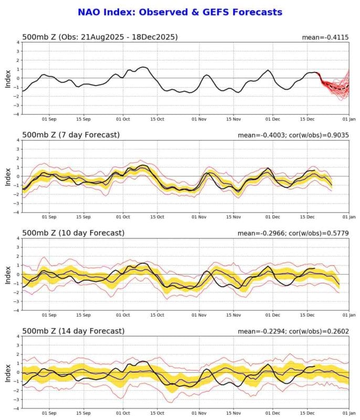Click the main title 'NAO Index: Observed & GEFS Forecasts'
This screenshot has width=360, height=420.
(x=180, y=12)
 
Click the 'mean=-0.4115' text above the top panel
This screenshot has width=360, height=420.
(x=325, y=37)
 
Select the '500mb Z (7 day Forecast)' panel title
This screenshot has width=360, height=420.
(x=71, y=135)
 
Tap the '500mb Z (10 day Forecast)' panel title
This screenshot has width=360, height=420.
(x=73, y=233)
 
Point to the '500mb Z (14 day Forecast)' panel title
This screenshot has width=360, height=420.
(x=73, y=331)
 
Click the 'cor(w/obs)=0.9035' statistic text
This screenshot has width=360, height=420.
(x=319, y=135)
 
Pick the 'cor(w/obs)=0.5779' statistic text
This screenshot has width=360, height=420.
(x=319, y=233)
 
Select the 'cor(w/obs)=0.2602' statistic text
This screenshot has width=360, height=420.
(x=319, y=331)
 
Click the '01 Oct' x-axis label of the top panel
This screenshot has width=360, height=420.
(x=123, y=119)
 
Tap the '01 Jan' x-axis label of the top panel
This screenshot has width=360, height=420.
(x=349, y=119)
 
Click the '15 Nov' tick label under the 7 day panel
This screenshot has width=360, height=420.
(x=234, y=217)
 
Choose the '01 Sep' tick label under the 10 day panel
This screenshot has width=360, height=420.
(x=49, y=315)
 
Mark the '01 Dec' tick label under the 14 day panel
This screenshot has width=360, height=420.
(x=273, y=413)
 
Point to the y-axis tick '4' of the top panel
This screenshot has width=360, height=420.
(x=18, y=43)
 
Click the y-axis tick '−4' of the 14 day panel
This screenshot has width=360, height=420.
(x=17, y=408)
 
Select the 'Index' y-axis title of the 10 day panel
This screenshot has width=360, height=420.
(x=8, y=275)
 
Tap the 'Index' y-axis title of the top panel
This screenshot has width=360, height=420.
(x=8, y=79)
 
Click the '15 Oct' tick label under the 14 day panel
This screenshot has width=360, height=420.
(x=157, y=413)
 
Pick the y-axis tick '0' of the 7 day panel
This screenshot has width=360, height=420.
(x=18, y=176)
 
